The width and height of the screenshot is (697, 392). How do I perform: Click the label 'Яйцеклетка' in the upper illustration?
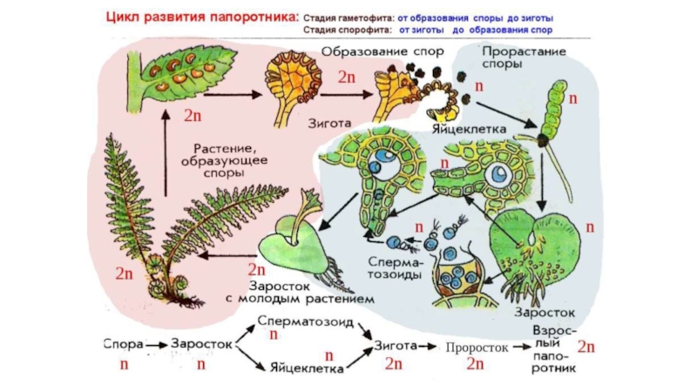[x=468, y=129]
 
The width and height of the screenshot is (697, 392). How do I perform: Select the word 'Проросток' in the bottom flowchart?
[x=477, y=347]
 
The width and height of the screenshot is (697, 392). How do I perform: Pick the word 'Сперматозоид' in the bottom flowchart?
[x=305, y=321]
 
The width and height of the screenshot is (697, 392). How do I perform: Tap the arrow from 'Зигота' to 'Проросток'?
[x=429, y=347]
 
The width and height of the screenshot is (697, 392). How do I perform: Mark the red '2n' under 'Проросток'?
[x=475, y=363]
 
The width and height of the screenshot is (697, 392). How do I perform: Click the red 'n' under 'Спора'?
[x=123, y=363]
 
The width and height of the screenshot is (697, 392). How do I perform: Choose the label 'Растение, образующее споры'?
[x=218, y=160]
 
